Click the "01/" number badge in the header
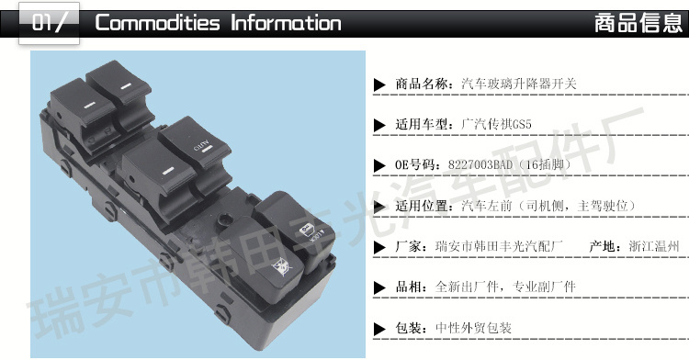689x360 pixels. click(x=49, y=22)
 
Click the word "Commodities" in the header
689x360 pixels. click(x=157, y=23)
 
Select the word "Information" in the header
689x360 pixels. click(x=286, y=23)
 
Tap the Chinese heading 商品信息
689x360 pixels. click(x=638, y=23)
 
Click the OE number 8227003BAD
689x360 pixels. click(x=480, y=164)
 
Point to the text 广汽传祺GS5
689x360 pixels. click(x=496, y=124)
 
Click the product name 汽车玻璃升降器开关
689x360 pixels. click(x=518, y=84)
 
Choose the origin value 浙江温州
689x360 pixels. click(x=654, y=246)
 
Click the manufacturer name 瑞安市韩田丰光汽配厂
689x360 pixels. click(x=499, y=246)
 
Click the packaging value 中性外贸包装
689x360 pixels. click(x=473, y=328)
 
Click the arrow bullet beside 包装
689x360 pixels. click(x=379, y=329)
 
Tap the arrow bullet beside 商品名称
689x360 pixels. click(x=379, y=84)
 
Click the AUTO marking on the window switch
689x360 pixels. click(x=202, y=145)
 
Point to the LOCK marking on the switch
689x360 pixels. click(x=317, y=237)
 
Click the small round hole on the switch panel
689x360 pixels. click(x=226, y=219)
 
